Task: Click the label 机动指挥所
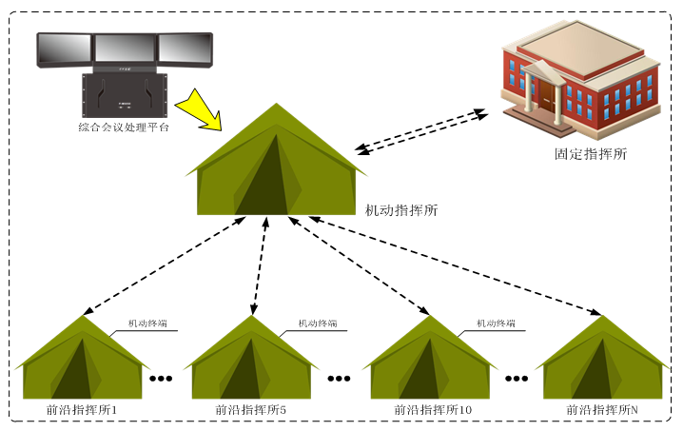click(401, 209)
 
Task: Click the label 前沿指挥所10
click(433, 410)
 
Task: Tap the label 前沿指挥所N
click(602, 410)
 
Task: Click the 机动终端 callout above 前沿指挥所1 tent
click(147, 323)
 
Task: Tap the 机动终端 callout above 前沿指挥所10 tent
click(496, 323)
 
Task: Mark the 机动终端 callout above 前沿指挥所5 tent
click(317, 323)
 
